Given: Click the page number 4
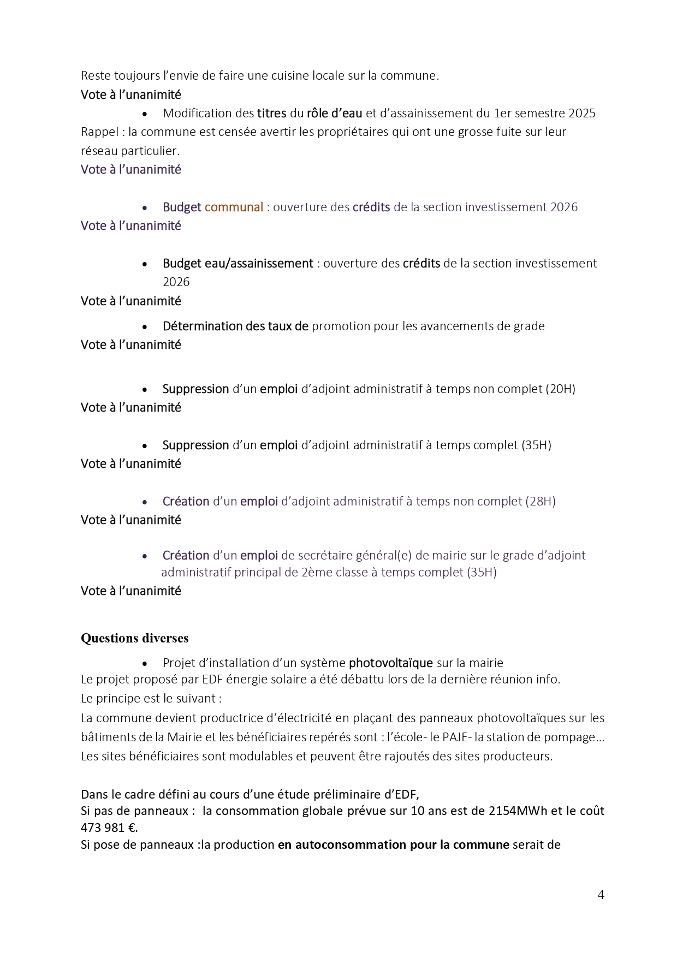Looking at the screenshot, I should [x=601, y=895].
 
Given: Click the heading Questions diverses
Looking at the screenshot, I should [x=135, y=638].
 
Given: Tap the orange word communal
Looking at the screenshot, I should [x=234, y=207].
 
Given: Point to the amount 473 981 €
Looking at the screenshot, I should [x=109, y=828].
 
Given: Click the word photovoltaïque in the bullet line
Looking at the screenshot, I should [x=391, y=663].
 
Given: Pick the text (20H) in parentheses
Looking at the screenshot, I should [x=560, y=389].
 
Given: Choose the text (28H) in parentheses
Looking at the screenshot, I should [x=540, y=501].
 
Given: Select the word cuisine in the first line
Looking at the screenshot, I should [x=289, y=75].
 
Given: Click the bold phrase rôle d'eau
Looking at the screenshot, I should [x=334, y=113].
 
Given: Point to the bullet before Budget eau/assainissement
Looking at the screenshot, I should [x=145, y=264].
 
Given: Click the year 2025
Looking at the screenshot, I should [x=582, y=113].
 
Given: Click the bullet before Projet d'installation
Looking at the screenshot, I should [x=145, y=663].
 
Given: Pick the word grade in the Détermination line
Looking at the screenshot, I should [x=529, y=326].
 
